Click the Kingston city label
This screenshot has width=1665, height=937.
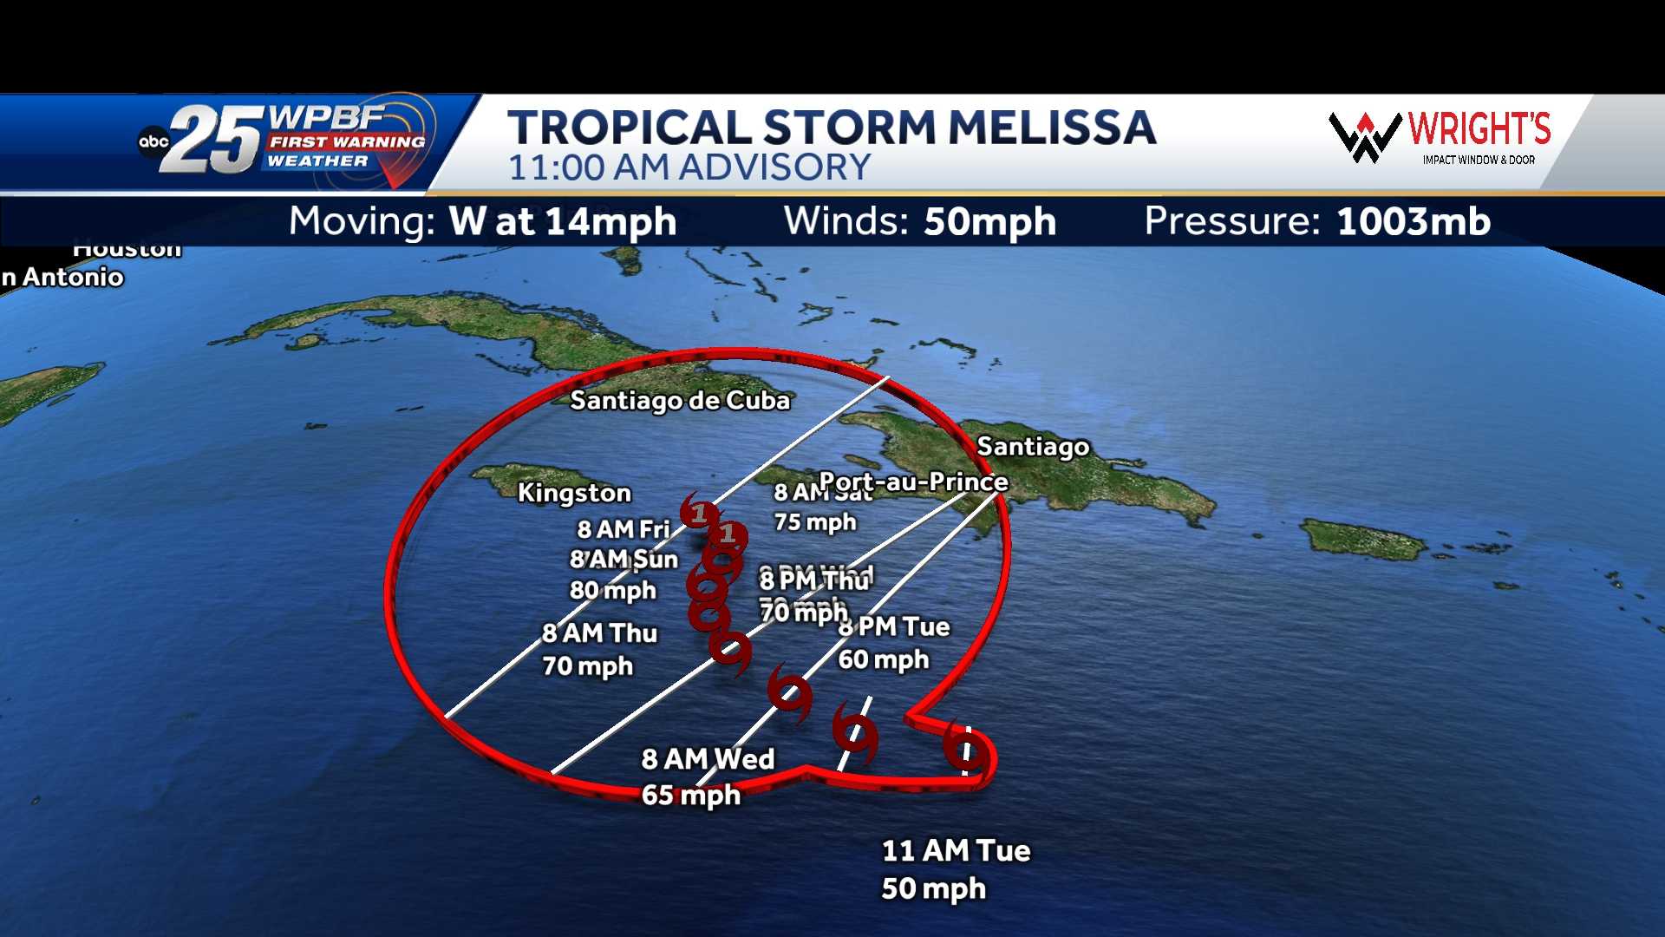[574, 493]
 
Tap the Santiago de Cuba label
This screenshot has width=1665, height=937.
[680, 400]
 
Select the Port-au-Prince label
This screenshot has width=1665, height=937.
[913, 482]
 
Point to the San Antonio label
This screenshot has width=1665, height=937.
[62, 278]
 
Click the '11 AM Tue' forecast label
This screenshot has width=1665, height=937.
[956, 850]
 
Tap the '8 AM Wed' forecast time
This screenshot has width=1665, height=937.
[708, 759]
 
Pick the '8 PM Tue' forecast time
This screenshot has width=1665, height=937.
[894, 626]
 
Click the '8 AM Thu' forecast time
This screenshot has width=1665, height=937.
[600, 633]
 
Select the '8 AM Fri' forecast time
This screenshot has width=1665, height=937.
[624, 528]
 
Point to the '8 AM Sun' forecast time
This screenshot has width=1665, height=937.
[624, 560]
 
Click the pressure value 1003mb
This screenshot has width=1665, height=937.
[1414, 221]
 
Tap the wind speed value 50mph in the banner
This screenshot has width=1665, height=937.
[989, 221]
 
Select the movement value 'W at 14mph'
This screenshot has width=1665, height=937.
[562, 221]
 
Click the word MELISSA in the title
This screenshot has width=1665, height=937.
[1052, 128]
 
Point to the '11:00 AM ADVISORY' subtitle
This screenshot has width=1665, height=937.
[689, 167]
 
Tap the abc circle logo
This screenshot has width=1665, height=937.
[153, 141]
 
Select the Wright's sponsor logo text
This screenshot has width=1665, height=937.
[1479, 129]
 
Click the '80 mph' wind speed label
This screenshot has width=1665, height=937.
[613, 591]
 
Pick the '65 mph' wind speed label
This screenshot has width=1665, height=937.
[691, 796]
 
